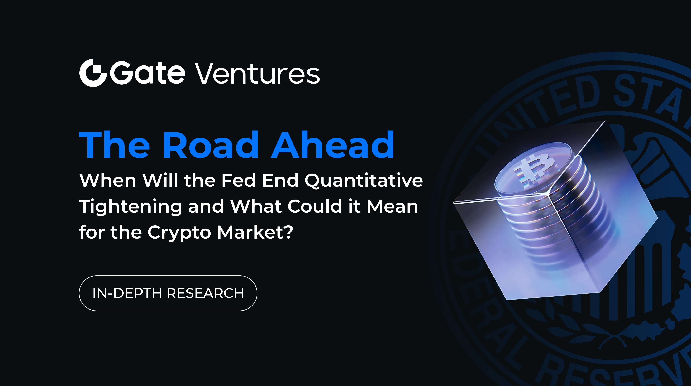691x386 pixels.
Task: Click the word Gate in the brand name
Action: [x=148, y=73]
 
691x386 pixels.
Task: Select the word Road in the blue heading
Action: [x=209, y=145]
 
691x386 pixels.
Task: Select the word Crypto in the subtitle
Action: [x=179, y=232]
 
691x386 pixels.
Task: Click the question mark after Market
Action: [x=288, y=231]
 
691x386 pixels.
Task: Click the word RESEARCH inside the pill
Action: [x=205, y=293]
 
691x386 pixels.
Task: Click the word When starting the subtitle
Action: [x=108, y=181]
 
